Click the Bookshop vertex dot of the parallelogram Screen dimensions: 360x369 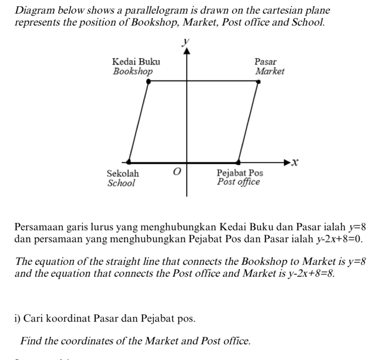[148, 81]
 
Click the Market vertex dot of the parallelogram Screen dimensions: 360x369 [258, 82]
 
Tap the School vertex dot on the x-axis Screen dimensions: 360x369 [129, 161]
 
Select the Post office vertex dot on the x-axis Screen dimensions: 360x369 [238, 161]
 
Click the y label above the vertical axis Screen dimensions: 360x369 [185, 42]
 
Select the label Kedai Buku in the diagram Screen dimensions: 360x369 [136, 62]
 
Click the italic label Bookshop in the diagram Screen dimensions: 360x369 [133, 71]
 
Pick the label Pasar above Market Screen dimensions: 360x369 [266, 62]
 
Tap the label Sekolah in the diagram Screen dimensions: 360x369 [123, 173]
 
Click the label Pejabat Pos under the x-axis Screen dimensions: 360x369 [240, 173]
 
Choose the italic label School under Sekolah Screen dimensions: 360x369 [121, 183]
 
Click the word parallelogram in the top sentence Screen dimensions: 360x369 [156, 10]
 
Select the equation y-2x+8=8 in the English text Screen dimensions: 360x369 [311, 273]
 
